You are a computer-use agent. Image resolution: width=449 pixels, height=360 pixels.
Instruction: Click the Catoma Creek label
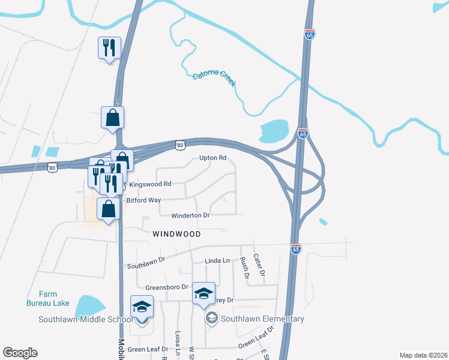tap(214, 79)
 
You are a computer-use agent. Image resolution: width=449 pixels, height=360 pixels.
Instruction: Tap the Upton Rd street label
tap(213, 158)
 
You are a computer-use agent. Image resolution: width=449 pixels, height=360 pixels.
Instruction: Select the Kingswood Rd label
tap(150, 184)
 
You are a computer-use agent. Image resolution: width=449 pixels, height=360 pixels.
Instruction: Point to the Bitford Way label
tap(143, 200)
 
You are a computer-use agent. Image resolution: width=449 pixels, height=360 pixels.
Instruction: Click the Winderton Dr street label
tap(191, 215)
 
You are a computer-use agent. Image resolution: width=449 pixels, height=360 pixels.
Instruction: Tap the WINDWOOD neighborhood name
tap(176, 233)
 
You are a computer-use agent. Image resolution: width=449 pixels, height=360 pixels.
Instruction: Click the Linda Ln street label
tap(217, 260)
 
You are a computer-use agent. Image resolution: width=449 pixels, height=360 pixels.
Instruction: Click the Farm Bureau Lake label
tap(48, 298)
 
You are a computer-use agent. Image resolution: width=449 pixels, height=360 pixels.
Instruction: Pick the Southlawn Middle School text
tap(85, 319)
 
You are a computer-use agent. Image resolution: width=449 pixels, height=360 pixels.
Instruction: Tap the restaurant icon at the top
tap(109, 47)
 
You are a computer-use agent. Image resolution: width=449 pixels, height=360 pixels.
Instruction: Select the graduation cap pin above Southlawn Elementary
tap(203, 293)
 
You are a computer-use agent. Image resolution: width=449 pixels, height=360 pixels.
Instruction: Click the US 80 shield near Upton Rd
tap(179, 145)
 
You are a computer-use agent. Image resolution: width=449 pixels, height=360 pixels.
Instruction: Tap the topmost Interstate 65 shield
tap(310, 35)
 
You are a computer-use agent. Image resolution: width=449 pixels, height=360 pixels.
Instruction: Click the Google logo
tap(20, 353)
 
